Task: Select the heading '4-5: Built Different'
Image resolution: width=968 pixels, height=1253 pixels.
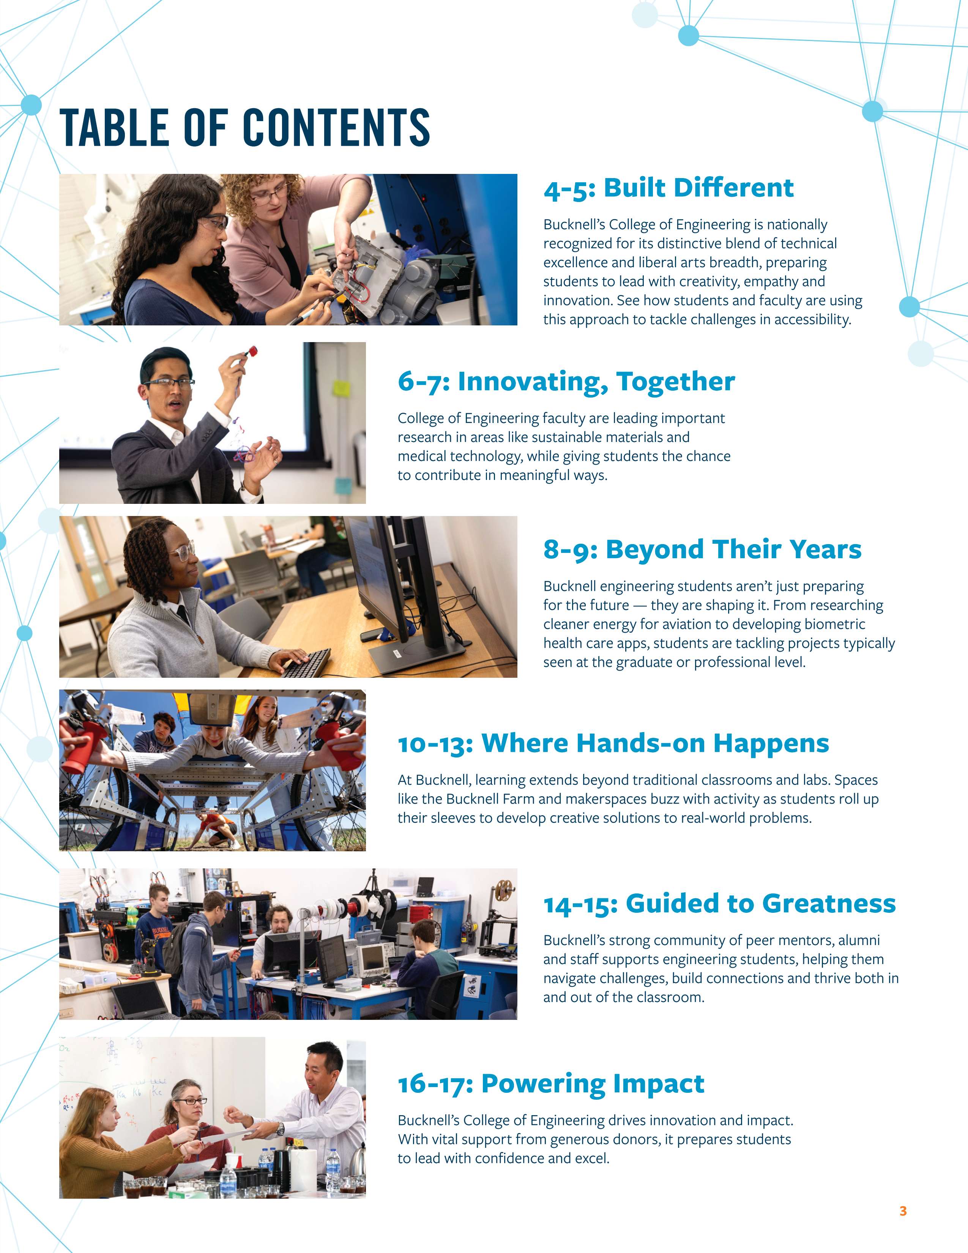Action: [668, 188]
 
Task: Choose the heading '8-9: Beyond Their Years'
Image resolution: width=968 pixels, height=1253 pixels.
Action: [703, 549]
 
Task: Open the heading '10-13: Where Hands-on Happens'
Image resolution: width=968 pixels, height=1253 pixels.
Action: [613, 743]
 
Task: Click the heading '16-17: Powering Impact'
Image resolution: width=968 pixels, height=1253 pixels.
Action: [551, 1083]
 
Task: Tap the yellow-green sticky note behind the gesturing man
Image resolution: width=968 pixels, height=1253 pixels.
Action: [342, 388]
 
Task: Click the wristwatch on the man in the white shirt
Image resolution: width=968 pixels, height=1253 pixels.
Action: [281, 1129]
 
